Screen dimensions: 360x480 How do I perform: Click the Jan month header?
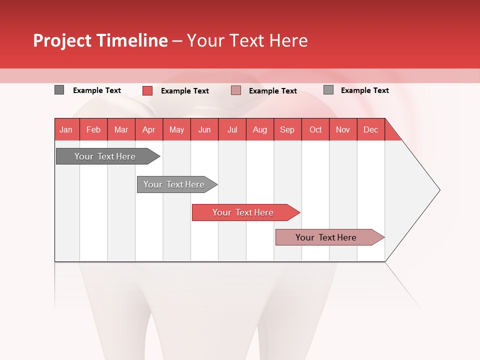(x=66, y=129)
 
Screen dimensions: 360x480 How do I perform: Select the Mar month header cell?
(x=121, y=129)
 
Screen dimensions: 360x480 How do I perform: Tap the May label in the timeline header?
(x=176, y=129)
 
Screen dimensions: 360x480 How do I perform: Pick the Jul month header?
(x=232, y=129)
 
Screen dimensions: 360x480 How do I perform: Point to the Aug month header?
(x=259, y=129)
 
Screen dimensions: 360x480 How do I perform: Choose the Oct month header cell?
(x=315, y=129)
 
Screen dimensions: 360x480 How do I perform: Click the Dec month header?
(x=370, y=129)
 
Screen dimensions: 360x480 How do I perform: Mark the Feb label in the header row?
(x=93, y=129)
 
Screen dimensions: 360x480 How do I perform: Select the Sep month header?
(x=287, y=129)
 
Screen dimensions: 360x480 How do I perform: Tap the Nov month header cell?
(x=343, y=129)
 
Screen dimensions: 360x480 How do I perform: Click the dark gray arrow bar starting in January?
(x=105, y=156)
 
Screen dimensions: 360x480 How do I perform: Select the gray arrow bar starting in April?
(x=174, y=184)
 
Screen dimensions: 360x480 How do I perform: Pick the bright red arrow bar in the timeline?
(x=243, y=212)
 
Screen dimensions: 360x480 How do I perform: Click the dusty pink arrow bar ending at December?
(x=326, y=237)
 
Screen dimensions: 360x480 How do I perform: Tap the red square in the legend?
(x=147, y=90)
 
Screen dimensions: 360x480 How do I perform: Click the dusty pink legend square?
(x=236, y=90)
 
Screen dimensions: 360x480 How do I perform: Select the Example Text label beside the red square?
(x=185, y=91)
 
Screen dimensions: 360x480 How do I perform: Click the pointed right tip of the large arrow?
(x=438, y=190)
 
